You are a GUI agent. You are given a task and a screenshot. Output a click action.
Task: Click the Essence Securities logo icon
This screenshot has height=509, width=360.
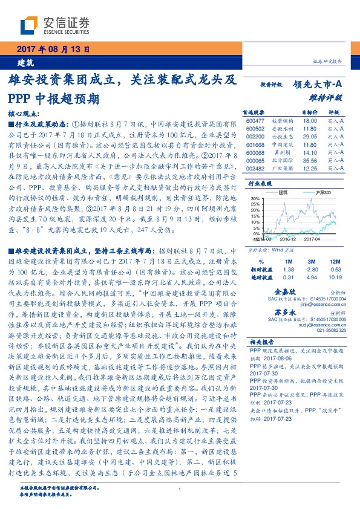[x=30, y=25]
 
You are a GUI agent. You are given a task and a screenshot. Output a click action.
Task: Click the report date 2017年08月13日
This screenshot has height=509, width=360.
[x=52, y=48]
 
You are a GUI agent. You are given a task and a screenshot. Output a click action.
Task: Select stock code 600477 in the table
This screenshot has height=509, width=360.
[x=257, y=121]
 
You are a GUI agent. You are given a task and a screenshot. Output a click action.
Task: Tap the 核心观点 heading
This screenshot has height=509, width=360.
[x=24, y=113]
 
